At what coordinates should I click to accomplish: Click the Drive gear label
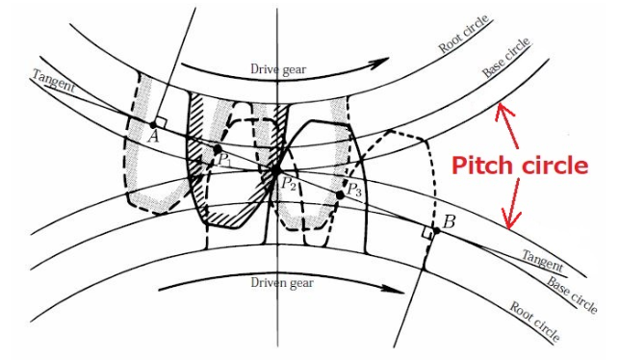(x=277, y=69)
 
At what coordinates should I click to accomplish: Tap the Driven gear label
(x=282, y=284)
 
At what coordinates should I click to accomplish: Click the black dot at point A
(x=153, y=124)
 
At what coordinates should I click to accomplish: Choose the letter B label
(x=447, y=222)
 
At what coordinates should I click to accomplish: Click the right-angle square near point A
(x=161, y=121)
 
